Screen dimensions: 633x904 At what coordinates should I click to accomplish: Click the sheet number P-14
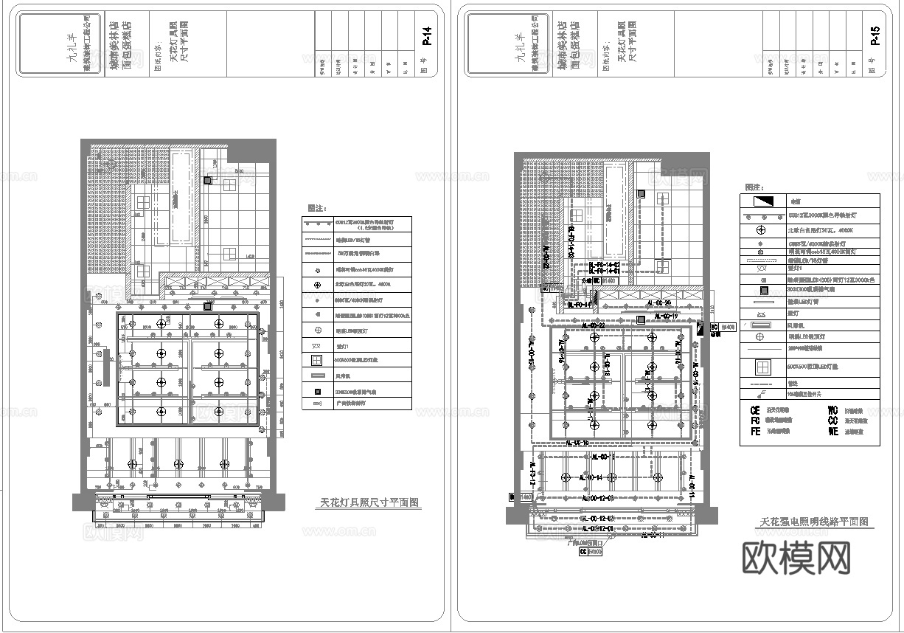[x=426, y=37]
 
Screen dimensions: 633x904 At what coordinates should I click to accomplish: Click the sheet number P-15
[x=875, y=37]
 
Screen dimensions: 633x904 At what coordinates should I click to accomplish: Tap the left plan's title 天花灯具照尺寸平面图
[x=370, y=503]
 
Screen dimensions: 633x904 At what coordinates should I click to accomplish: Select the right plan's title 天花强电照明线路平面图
[x=814, y=522]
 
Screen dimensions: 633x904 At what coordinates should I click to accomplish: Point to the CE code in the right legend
[x=755, y=410]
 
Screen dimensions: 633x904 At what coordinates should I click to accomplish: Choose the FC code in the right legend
[x=755, y=421]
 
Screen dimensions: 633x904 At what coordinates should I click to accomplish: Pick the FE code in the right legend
[x=755, y=432]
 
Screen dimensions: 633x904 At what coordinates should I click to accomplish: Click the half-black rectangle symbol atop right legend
[x=762, y=201]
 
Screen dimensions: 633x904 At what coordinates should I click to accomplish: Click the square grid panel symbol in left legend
[x=317, y=361]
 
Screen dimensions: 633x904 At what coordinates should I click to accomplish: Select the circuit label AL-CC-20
[x=658, y=303]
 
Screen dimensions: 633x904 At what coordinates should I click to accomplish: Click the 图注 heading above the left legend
[x=315, y=208]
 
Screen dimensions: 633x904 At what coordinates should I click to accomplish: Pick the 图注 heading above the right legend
[x=754, y=188]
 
